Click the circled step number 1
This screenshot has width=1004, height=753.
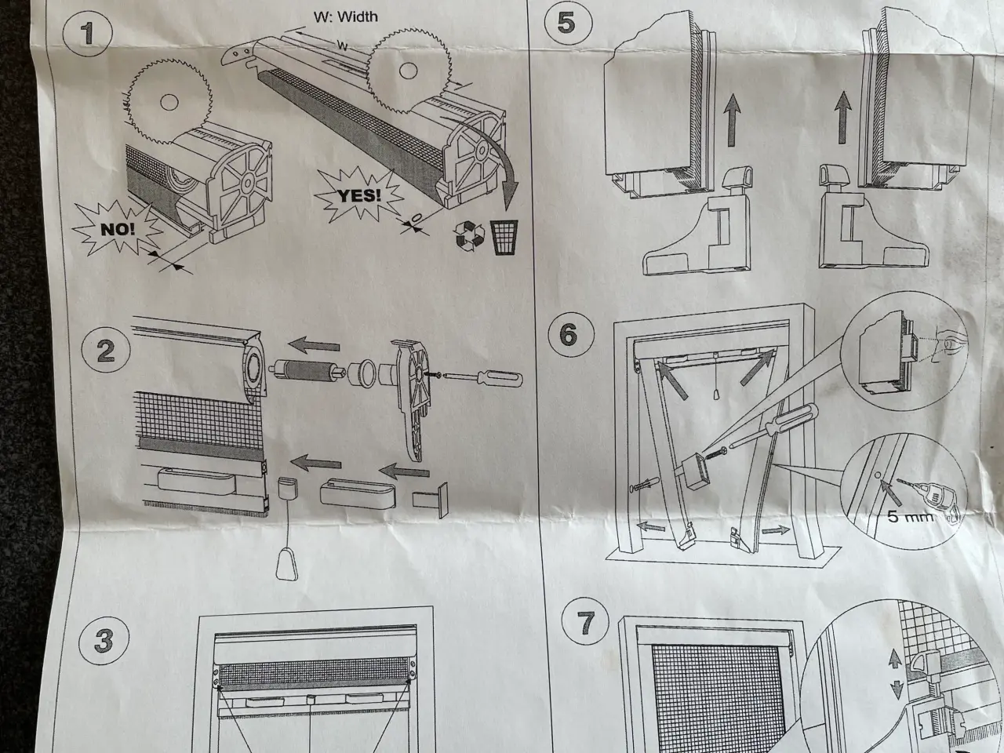[87, 34]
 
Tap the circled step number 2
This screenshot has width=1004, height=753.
[106, 351]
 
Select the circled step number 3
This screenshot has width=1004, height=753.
[104, 641]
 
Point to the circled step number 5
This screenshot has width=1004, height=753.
[568, 23]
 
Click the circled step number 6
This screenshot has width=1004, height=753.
[571, 334]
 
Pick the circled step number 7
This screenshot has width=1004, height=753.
[585, 622]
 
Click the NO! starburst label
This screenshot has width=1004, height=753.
[118, 228]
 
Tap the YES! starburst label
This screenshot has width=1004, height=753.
[359, 195]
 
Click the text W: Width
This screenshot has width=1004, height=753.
[346, 17]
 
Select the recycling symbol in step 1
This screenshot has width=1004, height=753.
[469, 235]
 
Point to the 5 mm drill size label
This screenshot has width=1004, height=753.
[910, 515]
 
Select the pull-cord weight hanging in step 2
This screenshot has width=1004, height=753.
[287, 563]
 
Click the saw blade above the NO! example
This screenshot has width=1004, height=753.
[169, 101]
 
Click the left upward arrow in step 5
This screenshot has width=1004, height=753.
[733, 120]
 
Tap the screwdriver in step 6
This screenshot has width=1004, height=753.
[773, 426]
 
